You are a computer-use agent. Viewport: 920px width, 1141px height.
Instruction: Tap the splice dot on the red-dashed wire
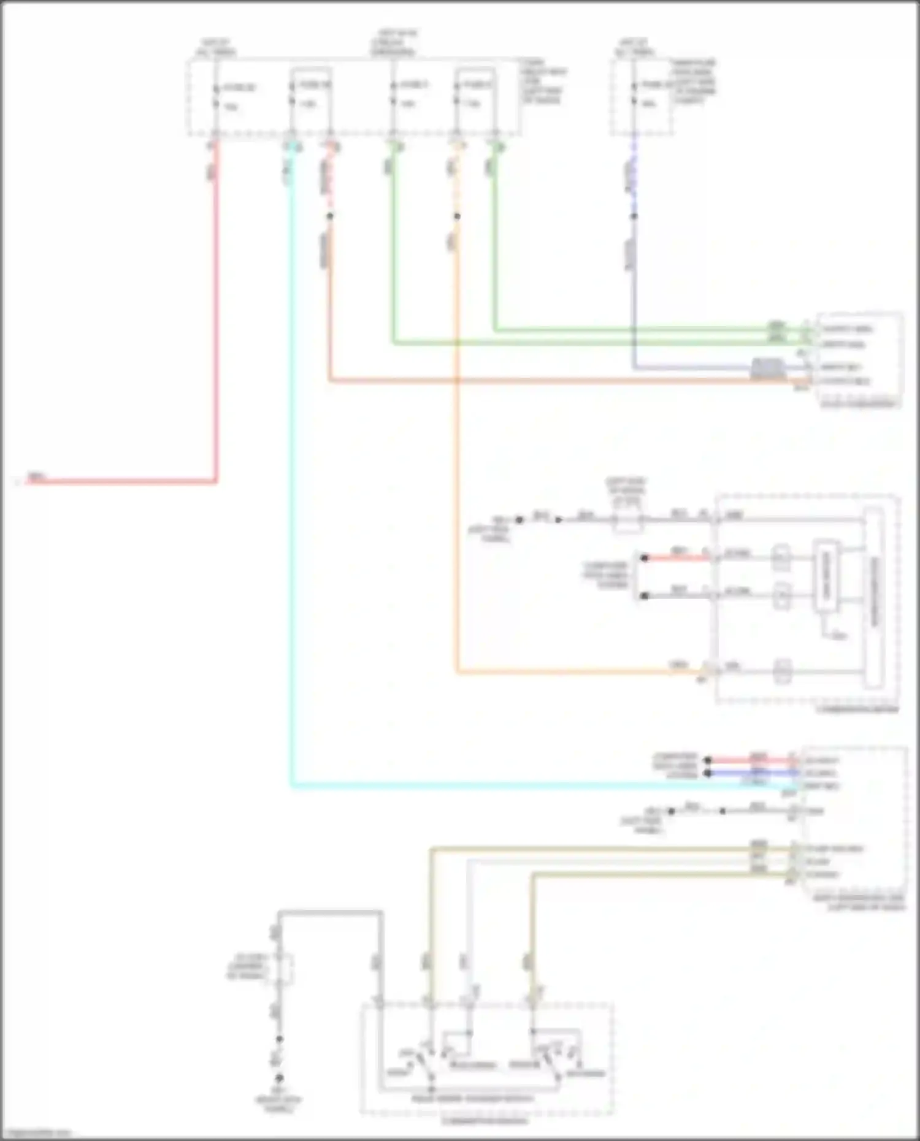[330, 216]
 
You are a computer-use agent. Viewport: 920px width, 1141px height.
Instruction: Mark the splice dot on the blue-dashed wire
[634, 216]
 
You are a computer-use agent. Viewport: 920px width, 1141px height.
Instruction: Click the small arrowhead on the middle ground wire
[558, 520]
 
